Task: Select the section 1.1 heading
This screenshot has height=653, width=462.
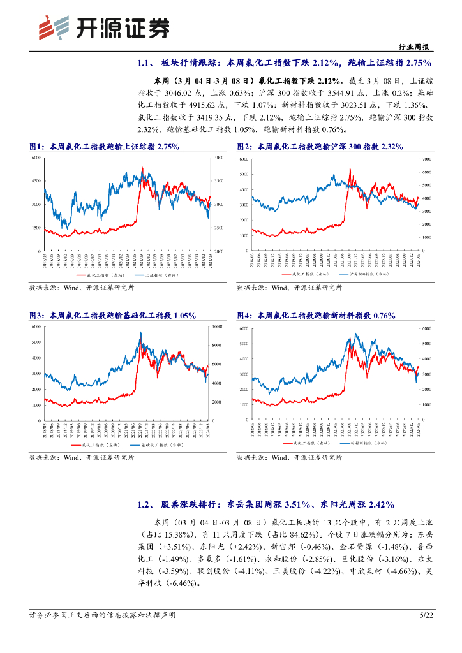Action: click(x=285, y=62)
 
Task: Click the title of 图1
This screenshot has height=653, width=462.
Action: click(x=105, y=147)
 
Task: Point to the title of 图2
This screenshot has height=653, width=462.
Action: click(x=320, y=147)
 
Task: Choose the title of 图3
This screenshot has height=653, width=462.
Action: click(x=112, y=316)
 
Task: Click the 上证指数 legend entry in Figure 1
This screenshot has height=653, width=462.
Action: click(x=159, y=275)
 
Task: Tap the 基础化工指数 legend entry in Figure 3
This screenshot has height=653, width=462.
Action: click(x=159, y=444)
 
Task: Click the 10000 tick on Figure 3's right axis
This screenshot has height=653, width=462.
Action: click(x=218, y=326)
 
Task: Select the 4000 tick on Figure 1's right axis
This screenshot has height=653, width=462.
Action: click(x=218, y=158)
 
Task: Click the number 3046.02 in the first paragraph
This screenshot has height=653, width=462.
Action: click(x=194, y=93)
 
